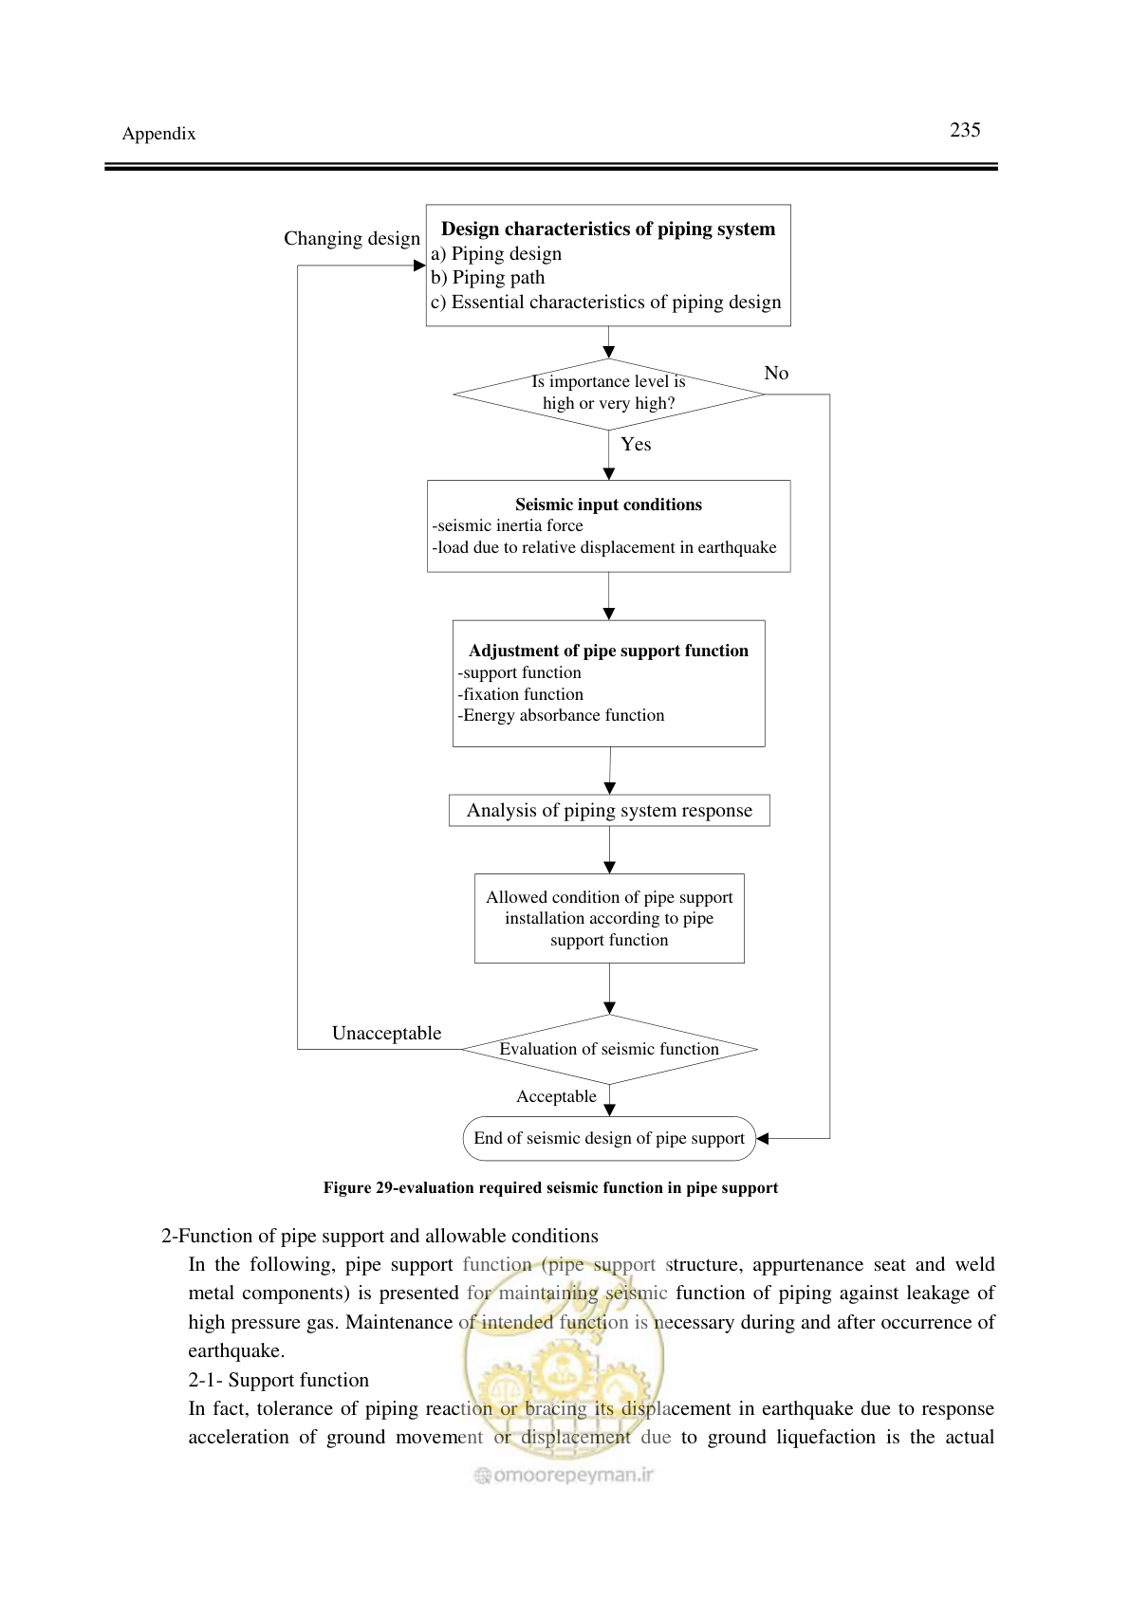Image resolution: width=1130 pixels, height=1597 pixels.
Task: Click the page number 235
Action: pyautogui.click(x=965, y=130)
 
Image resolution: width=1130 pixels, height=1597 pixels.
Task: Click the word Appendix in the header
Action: pyautogui.click(x=158, y=134)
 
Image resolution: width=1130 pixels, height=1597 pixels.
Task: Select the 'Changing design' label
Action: pyautogui.click(x=352, y=238)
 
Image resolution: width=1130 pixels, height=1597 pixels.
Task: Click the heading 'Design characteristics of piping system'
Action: pyautogui.click(x=608, y=229)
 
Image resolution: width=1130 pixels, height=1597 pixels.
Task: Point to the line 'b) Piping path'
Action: pyautogui.click(x=488, y=277)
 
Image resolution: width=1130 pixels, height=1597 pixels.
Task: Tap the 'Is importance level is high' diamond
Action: pyautogui.click(x=608, y=394)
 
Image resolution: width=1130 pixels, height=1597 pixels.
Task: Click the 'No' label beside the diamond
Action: pyautogui.click(x=776, y=373)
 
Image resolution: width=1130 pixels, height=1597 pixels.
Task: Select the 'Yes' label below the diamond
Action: pyautogui.click(x=636, y=444)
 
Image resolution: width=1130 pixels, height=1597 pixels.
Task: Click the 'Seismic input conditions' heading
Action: pyautogui.click(x=608, y=505)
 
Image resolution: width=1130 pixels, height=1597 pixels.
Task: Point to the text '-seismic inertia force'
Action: pyautogui.click(x=508, y=525)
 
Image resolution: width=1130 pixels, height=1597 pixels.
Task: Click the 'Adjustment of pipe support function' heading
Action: pyautogui.click(x=608, y=651)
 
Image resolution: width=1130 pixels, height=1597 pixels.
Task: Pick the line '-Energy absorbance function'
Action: pyautogui.click(x=561, y=715)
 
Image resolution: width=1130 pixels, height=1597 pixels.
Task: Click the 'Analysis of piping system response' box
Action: pyautogui.click(x=609, y=810)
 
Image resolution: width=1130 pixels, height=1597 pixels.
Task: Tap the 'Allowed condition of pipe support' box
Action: pyautogui.click(x=609, y=918)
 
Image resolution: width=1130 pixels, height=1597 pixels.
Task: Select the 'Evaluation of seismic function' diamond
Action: pyautogui.click(x=609, y=1049)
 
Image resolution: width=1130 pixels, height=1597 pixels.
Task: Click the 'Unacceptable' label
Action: pyautogui.click(x=387, y=1033)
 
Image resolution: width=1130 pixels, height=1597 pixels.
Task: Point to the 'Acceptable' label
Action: pyautogui.click(x=556, y=1096)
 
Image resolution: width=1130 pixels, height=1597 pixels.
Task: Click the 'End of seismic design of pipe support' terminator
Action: pyautogui.click(x=609, y=1139)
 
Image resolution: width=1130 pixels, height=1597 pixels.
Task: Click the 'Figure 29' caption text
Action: pyautogui.click(x=550, y=1187)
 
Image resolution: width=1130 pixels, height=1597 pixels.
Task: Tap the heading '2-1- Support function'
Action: pyautogui.click(x=278, y=1380)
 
